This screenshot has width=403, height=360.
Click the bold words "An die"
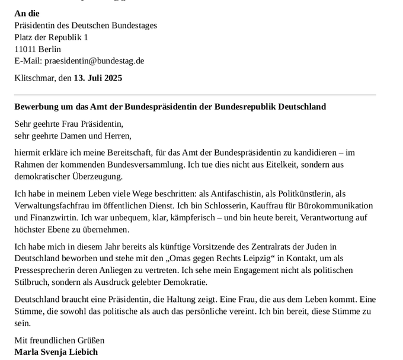tap(27, 13)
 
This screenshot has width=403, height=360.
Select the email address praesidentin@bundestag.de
tap(94, 60)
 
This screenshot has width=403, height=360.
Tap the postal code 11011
tap(25, 49)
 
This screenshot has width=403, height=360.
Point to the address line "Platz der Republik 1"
tap(51, 37)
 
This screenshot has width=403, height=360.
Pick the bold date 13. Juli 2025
tap(98, 78)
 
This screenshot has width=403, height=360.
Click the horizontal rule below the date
tap(195, 94)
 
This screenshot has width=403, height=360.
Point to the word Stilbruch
tap(33, 282)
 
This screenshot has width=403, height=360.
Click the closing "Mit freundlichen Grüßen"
tap(59, 340)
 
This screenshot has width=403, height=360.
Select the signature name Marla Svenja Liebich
tap(56, 352)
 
